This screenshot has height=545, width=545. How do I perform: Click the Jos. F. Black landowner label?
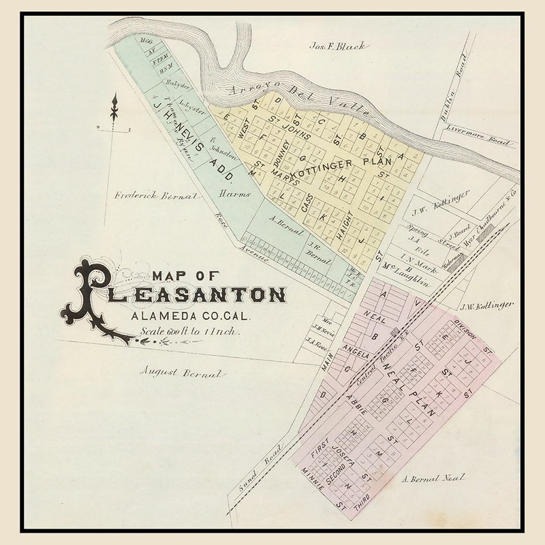pos(338,46)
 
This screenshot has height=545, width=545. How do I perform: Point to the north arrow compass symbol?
pos(114,109)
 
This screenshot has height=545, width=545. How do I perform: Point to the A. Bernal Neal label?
pos(433,478)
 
